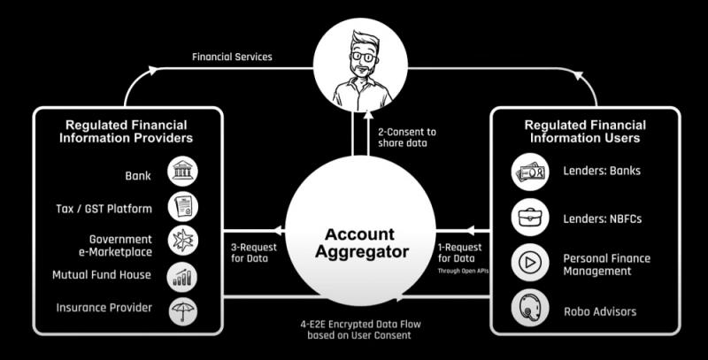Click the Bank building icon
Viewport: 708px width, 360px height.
click(183, 172)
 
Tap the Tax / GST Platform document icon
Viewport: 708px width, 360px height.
click(183, 207)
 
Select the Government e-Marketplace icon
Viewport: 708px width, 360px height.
click(183, 241)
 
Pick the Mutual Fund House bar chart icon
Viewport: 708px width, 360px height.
click(182, 277)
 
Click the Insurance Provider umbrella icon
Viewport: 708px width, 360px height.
click(183, 311)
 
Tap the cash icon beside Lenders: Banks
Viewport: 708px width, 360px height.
click(530, 172)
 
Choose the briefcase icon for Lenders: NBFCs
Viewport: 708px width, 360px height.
click(530, 218)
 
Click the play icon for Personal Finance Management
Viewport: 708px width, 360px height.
click(530, 263)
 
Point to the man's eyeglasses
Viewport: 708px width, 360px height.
click(364, 57)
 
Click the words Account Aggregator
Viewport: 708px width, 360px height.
click(361, 243)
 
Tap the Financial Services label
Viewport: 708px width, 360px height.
click(232, 57)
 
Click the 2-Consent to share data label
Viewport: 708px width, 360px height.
click(407, 137)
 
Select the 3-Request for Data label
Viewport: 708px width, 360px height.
click(254, 253)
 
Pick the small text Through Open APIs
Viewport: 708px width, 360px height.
click(463, 272)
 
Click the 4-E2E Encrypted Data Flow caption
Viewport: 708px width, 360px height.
click(360, 330)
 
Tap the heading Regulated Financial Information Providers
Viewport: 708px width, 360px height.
click(126, 131)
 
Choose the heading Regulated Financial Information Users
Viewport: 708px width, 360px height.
click(585, 131)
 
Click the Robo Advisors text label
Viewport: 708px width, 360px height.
click(600, 311)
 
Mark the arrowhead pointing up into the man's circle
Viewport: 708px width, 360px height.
click(369, 115)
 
